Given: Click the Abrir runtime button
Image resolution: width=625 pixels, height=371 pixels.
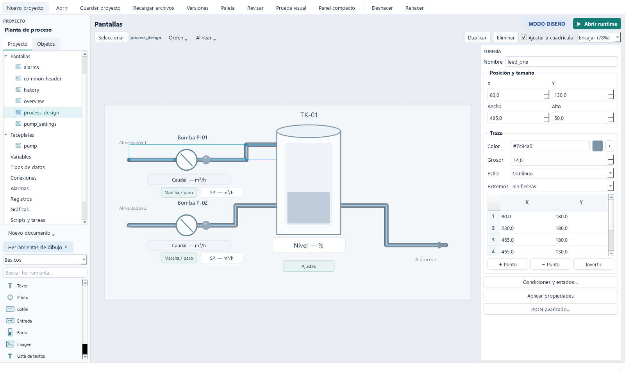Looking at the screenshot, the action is (597, 24).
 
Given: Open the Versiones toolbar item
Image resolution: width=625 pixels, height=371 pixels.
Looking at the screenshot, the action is (197, 8).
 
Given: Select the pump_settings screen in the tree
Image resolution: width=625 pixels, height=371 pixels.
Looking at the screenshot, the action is (40, 124).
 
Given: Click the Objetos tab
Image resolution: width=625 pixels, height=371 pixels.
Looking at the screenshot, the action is (46, 44).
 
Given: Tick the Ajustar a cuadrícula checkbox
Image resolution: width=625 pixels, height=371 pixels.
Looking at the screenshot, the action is (524, 37).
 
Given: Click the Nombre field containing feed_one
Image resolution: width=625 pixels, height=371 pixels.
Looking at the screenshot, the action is (561, 62).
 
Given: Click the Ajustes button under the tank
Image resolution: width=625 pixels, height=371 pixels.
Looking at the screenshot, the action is (309, 266).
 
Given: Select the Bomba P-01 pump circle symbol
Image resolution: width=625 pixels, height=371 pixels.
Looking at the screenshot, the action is (187, 160).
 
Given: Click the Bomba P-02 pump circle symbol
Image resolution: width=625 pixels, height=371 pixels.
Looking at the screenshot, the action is (187, 225).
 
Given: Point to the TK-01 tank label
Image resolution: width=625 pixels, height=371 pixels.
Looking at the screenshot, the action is (309, 115).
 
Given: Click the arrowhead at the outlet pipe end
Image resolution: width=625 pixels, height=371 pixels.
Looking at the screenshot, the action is (443, 245).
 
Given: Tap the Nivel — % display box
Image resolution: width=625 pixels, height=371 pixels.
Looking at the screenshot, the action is (309, 246).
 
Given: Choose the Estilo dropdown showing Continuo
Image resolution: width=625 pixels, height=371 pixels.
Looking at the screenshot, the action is (562, 173).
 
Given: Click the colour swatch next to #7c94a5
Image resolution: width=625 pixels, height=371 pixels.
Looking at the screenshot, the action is (597, 146).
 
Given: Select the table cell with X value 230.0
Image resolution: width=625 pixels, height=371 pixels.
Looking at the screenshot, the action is (527, 228).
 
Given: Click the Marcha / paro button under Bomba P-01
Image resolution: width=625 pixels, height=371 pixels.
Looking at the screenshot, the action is (179, 193).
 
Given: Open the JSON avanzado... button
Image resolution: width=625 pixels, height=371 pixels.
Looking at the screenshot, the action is (550, 309).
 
